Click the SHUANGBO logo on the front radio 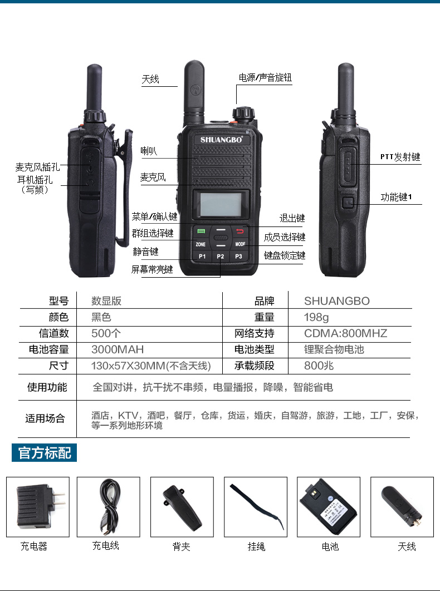221,140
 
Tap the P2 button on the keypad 221,256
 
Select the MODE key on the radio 240,244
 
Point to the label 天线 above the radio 150,80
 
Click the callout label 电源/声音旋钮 265,78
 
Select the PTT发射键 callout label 400,157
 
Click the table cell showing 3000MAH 118,349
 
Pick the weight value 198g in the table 316,317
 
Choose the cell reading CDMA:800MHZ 345,333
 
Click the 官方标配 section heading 45,452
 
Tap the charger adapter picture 38,506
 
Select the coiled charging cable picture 108,506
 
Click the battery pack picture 329,506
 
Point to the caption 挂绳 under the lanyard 256,546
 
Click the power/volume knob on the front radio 241,114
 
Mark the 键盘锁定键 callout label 285,256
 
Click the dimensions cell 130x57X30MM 150,366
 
